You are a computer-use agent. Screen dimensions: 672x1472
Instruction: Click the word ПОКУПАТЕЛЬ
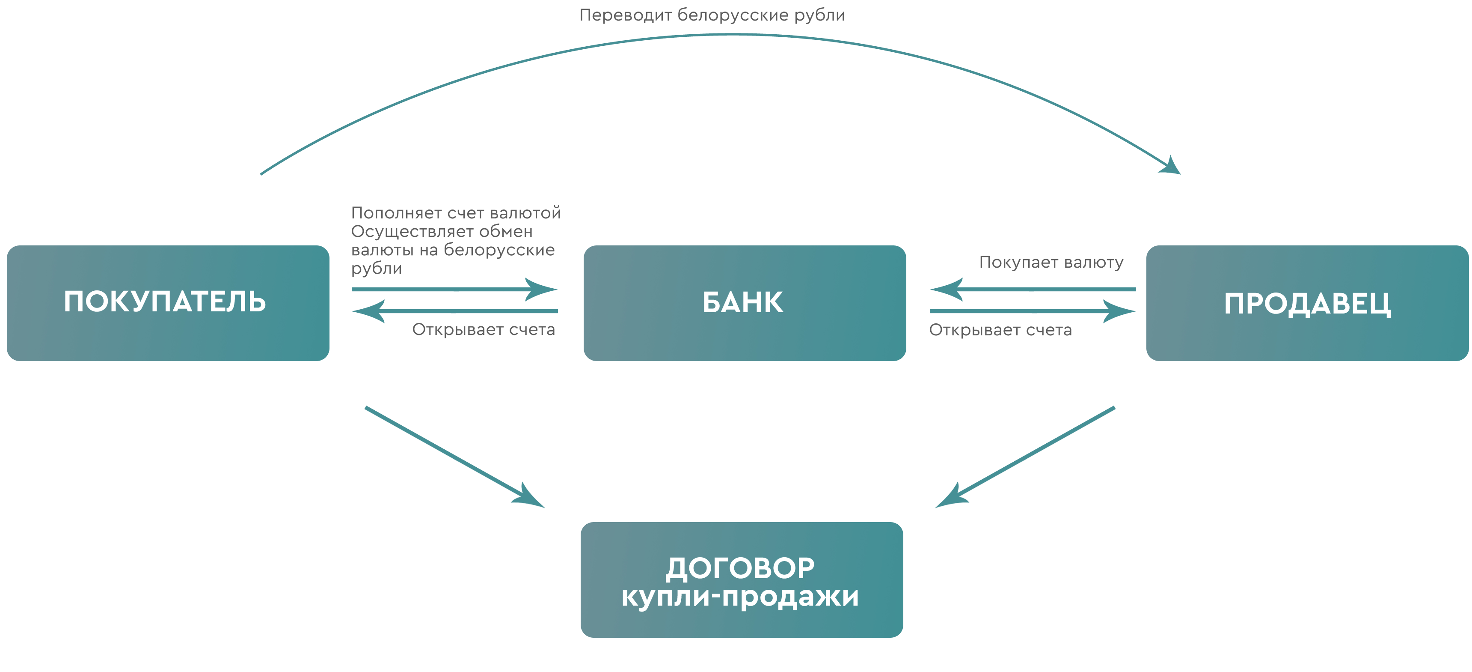(165, 302)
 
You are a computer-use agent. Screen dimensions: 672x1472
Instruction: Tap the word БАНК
(743, 302)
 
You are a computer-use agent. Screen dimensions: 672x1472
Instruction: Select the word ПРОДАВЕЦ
(1307, 304)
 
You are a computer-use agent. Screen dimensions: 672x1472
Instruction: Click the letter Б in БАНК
(712, 302)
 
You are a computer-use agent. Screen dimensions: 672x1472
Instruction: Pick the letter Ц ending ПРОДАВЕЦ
(1382, 304)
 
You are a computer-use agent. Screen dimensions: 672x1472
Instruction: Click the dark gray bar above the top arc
(712, 15)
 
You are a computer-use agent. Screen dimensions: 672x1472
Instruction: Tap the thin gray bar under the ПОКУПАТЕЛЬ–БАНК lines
(484, 331)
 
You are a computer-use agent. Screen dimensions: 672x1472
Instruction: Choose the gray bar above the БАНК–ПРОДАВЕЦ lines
(1051, 264)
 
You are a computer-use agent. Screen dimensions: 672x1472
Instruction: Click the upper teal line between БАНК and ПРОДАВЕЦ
(1086, 290)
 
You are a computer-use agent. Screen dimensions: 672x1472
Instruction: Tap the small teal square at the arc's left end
(277, 164)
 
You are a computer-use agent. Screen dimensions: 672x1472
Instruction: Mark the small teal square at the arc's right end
(1164, 164)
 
